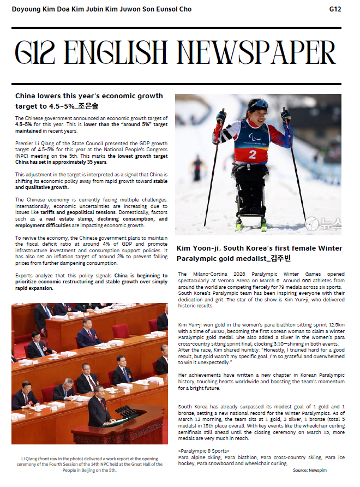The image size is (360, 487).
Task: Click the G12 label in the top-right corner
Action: (x=335, y=9)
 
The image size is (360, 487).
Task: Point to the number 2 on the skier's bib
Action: (x=252, y=154)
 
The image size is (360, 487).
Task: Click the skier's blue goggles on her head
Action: (x=260, y=104)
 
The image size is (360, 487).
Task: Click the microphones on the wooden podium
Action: (x=125, y=411)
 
